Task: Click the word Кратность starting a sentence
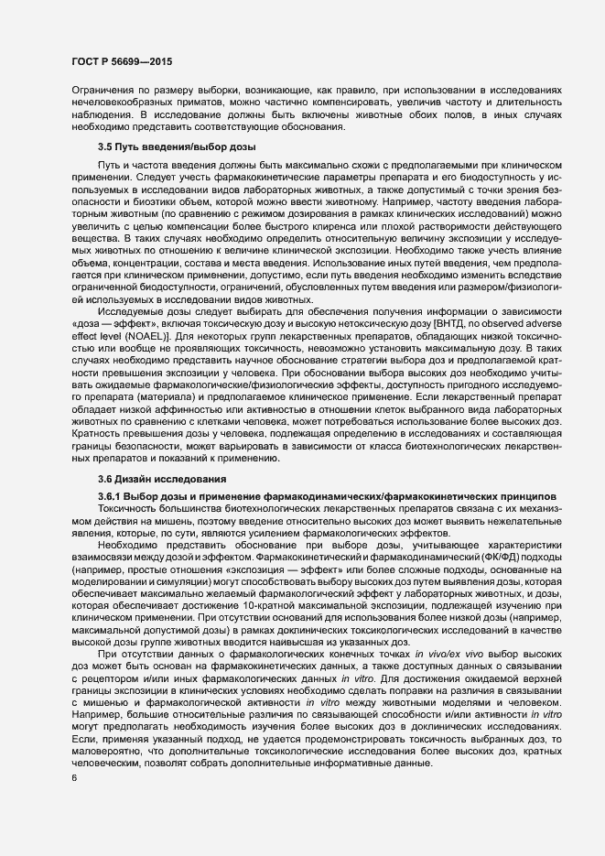pyautogui.click(x=98, y=448)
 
